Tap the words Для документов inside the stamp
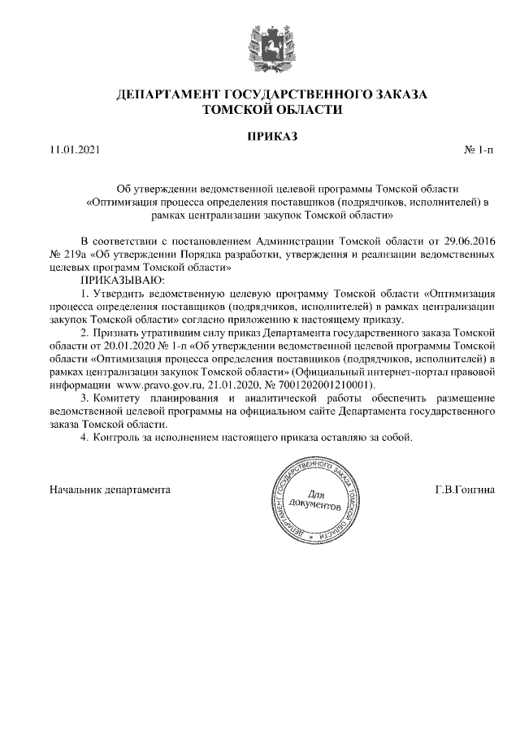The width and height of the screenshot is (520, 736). (313, 500)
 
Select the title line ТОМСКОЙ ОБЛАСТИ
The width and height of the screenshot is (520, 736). (272, 109)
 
